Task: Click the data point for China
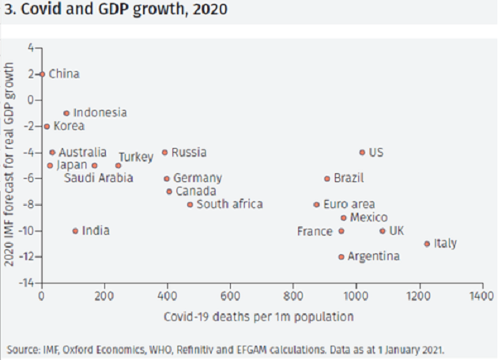42,74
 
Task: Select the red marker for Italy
427,244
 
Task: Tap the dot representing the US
362,152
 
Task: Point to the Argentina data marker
341,256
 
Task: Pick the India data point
75,231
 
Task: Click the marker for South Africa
190,204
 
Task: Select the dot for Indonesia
66,113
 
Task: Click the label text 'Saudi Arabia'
99,177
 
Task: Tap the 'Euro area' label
349,204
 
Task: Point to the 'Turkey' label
136,157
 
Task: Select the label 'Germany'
198,178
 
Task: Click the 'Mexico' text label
368,218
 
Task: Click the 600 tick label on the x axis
230,296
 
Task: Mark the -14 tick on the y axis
28,282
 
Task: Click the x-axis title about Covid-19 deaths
259,316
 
